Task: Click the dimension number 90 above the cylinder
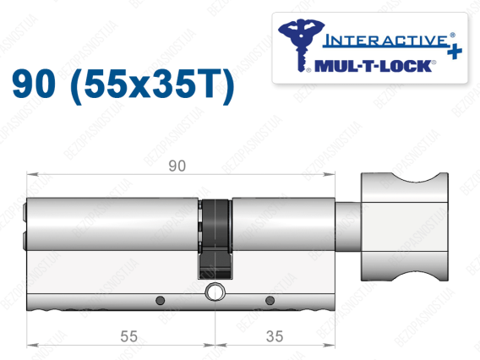(177, 166)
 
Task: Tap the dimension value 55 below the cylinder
(128, 336)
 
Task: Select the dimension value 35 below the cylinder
(275, 336)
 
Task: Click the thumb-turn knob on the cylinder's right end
(405, 226)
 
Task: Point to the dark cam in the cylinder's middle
(215, 239)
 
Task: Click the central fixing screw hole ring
(215, 291)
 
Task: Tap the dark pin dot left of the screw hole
(160, 300)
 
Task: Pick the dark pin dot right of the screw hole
(270, 300)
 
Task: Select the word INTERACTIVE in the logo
(386, 41)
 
